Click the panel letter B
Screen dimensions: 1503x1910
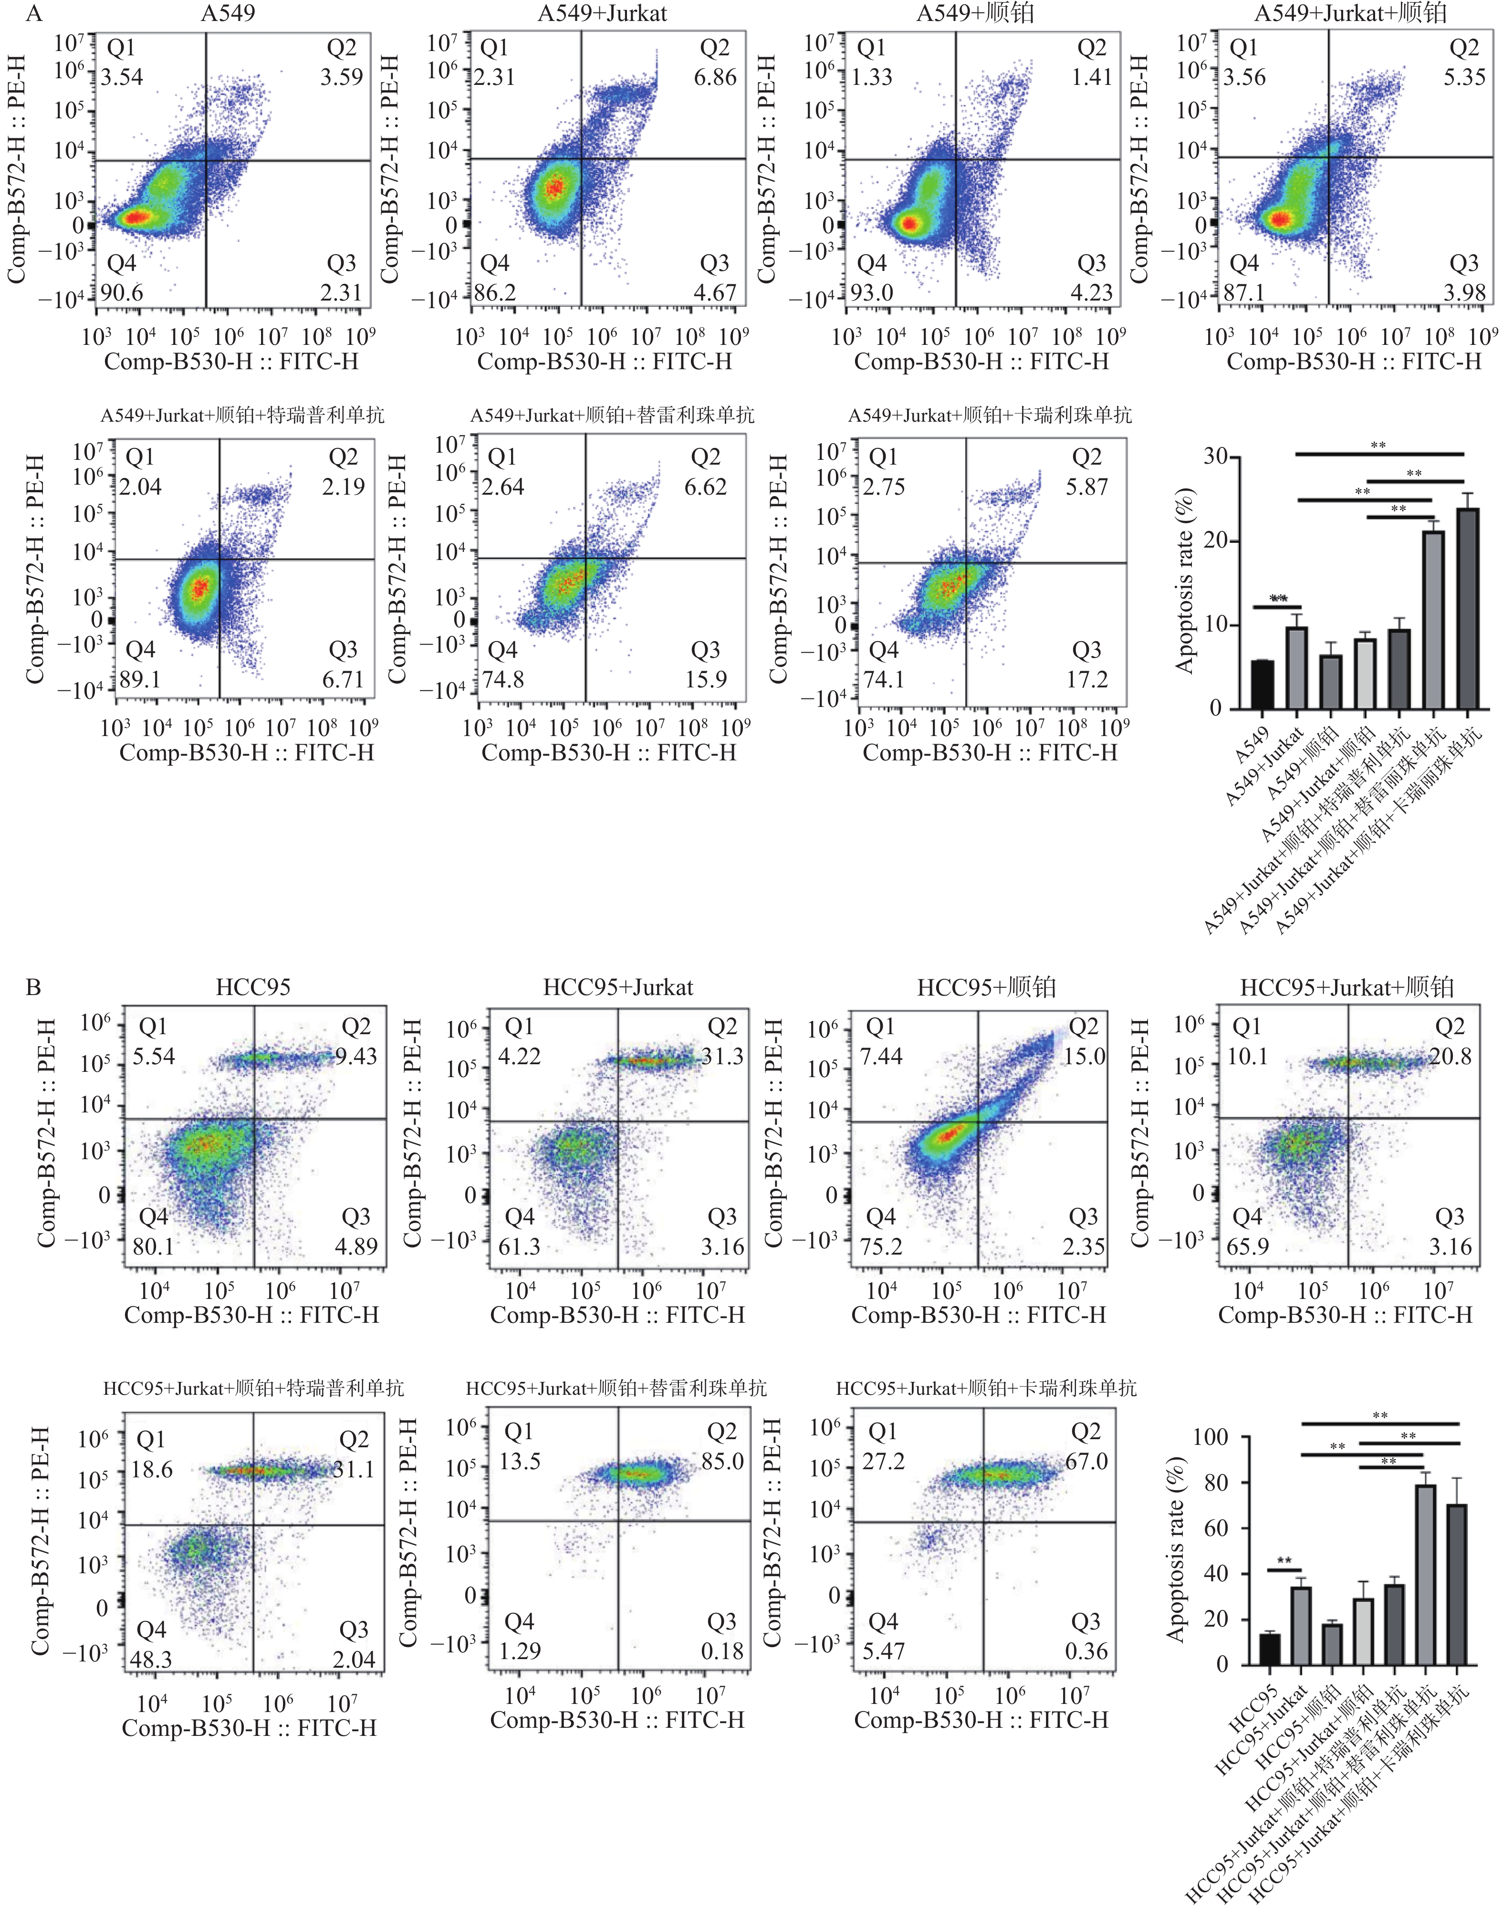point(33,987)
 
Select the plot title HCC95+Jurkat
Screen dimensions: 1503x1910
point(618,987)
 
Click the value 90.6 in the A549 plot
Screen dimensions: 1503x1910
point(122,292)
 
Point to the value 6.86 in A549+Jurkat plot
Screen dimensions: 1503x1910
point(715,77)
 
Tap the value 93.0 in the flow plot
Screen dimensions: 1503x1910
point(871,292)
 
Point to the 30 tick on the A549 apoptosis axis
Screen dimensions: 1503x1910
point(1216,457)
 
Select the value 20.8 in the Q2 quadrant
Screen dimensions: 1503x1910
point(1450,1056)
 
